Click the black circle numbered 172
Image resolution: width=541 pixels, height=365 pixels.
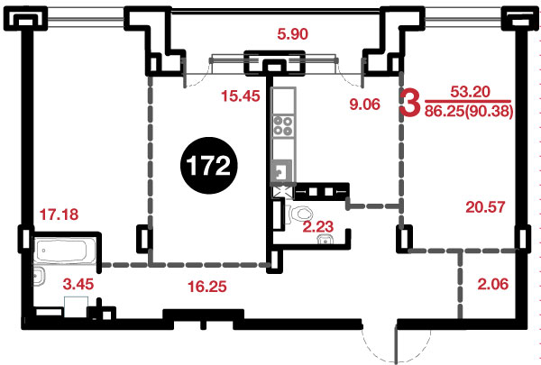pyautogui.click(x=209, y=166)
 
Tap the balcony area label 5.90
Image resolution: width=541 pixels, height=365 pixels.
pyautogui.click(x=292, y=34)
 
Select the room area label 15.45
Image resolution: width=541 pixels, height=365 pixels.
pyautogui.click(x=241, y=96)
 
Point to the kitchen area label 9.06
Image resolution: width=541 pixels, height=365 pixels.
pyautogui.click(x=364, y=104)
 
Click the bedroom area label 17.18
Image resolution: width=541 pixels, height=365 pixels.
pyautogui.click(x=59, y=214)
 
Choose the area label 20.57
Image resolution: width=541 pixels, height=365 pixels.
pyautogui.click(x=485, y=207)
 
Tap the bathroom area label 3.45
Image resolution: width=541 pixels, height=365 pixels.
pyautogui.click(x=78, y=284)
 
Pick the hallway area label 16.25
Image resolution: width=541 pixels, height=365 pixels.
pyautogui.click(x=207, y=287)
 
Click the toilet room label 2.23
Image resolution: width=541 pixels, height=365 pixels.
pyautogui.click(x=318, y=226)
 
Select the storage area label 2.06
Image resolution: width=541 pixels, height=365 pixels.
pyautogui.click(x=493, y=284)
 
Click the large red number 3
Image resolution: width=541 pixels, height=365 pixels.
pyautogui.click(x=410, y=102)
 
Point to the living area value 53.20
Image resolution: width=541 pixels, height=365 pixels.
pyautogui.click(x=471, y=92)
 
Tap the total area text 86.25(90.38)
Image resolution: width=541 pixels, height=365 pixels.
pyautogui.click(x=469, y=112)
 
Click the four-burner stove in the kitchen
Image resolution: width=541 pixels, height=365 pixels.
pyautogui.click(x=282, y=125)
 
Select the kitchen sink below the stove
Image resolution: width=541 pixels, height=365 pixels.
pyautogui.click(x=282, y=171)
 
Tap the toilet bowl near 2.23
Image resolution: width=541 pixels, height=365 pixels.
pyautogui.click(x=301, y=214)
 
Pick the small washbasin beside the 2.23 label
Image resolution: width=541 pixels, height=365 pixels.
pyautogui.click(x=325, y=240)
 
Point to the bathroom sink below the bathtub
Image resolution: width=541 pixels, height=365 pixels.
pyautogui.click(x=38, y=276)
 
